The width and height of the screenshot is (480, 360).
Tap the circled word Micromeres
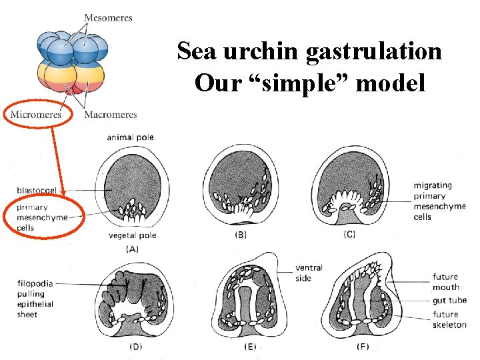point(36,115)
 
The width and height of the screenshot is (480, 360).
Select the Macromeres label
point(111,115)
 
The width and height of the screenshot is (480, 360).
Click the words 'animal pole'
point(129,137)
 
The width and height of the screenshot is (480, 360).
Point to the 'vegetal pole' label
point(132,235)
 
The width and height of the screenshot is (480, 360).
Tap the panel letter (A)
point(132,249)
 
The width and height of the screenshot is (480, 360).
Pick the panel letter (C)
point(349,235)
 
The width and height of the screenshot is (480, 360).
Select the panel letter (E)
point(249,346)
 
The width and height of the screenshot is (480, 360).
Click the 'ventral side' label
point(309,273)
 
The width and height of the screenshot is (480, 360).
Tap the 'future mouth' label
point(446,282)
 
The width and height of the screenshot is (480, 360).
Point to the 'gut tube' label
point(449,301)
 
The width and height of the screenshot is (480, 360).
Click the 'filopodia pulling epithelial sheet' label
point(36,299)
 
